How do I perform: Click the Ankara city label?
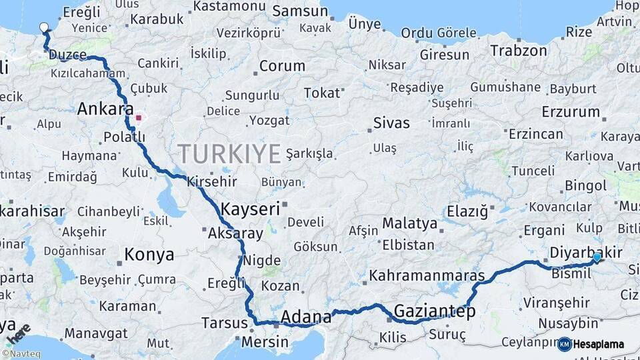point(105,109)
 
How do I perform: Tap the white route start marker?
point(44,27)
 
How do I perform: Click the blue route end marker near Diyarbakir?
point(597,257)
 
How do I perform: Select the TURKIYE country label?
point(229,154)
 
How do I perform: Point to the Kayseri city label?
point(250,209)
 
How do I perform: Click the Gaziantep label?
point(435,311)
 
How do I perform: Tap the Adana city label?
point(306,316)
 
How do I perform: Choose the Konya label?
point(149,254)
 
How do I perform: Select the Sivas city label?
point(391,123)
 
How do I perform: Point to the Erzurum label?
point(571,111)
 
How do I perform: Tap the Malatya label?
point(409,223)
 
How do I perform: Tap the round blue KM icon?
point(564,344)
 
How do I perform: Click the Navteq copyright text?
point(21,354)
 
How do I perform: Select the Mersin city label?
point(265,342)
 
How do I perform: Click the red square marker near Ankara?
point(139,118)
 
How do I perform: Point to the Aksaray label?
point(235,233)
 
